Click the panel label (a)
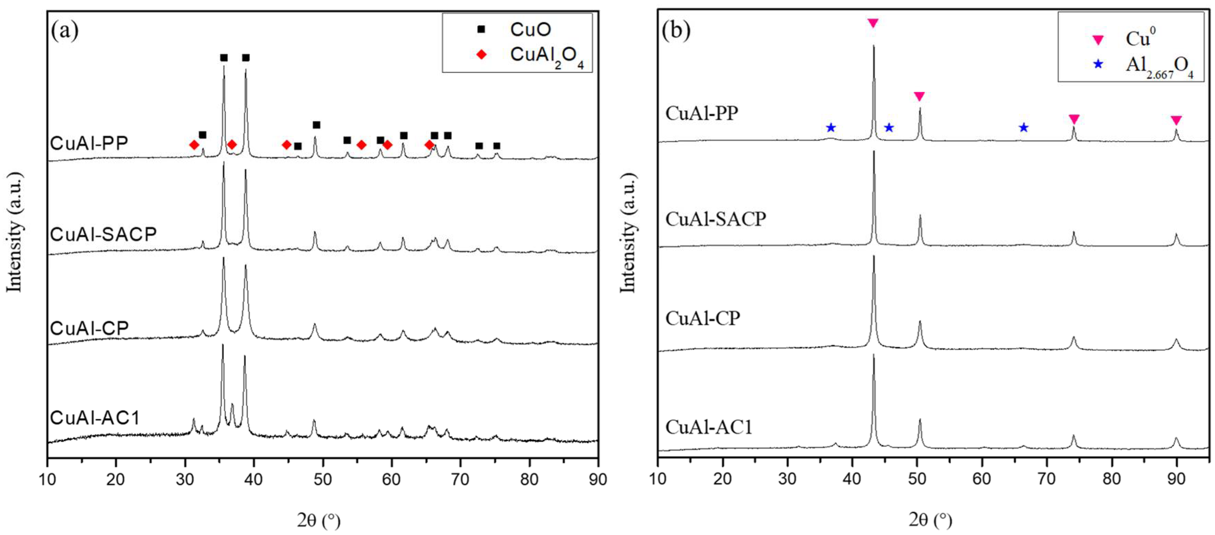point(65,31)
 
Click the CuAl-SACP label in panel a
point(103,234)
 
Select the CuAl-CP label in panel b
point(703,319)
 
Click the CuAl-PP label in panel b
point(702,114)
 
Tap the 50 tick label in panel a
point(323,479)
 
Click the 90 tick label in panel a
point(597,479)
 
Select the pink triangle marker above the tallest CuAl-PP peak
point(873,23)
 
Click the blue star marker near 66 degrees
point(1023,127)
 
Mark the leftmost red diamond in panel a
point(194,145)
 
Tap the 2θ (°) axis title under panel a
point(319,520)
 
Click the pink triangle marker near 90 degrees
point(1176,120)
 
